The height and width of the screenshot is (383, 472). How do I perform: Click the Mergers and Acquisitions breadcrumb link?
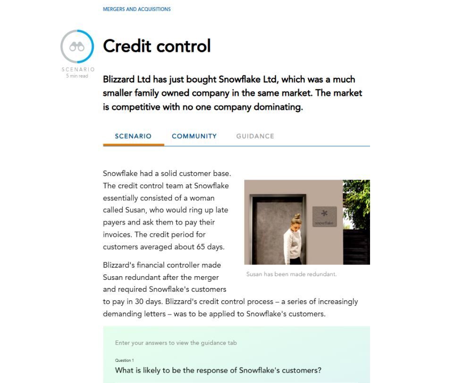point(137,9)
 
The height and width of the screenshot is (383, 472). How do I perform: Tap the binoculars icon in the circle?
point(77,46)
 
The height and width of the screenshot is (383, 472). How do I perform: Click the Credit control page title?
point(157,46)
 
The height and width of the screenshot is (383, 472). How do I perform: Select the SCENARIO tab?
point(133,136)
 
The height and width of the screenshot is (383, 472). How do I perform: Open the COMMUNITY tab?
point(194,136)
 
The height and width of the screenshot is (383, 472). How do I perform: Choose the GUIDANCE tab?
point(255,136)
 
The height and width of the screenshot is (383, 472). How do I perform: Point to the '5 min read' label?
point(77,76)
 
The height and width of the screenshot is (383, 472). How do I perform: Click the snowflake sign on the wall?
point(324,216)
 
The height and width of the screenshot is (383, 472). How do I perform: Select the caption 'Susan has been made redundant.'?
point(292,274)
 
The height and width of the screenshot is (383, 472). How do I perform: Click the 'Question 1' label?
point(124,360)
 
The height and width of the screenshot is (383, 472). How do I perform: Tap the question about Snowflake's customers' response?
point(218,370)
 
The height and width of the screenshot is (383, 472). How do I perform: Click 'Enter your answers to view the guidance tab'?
point(176,343)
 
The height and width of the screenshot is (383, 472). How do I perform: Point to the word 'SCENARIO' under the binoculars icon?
point(78,70)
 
